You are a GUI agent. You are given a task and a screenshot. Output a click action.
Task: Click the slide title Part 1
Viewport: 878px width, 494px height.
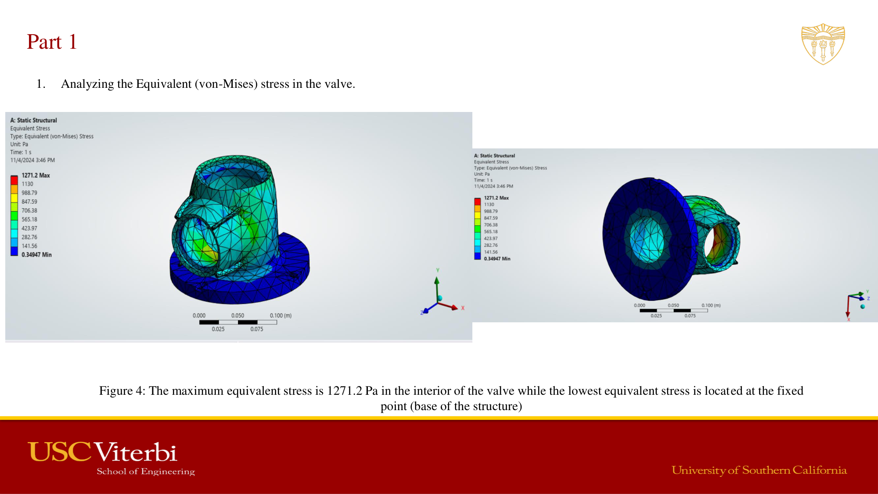coord(52,42)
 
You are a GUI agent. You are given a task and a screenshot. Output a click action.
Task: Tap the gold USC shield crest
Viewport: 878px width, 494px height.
coord(823,44)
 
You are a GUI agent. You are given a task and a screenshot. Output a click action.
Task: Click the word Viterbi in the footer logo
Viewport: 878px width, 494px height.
coord(136,452)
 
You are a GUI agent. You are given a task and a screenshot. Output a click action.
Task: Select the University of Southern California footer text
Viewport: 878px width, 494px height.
coord(759,470)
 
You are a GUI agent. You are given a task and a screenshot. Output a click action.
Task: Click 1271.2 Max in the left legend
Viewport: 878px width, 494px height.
coord(36,175)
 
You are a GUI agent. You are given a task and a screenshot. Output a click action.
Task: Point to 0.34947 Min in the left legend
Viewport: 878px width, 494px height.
coord(36,255)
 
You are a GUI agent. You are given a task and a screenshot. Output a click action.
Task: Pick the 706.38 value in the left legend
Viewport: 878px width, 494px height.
coord(29,211)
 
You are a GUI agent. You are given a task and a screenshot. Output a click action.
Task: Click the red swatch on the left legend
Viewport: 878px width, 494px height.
coord(14,180)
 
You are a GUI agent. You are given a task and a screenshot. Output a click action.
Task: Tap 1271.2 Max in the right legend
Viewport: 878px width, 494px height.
coord(497,198)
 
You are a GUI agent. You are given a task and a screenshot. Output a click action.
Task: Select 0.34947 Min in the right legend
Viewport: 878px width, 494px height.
coord(497,259)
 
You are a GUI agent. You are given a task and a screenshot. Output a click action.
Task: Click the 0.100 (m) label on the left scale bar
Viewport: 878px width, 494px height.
coord(281,315)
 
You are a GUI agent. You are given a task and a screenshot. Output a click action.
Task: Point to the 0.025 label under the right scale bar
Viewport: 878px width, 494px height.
coord(656,316)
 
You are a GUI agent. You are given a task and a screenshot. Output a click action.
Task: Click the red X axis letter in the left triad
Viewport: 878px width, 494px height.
coord(463,308)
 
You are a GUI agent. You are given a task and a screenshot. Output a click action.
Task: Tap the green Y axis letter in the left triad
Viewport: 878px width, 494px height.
coord(438,270)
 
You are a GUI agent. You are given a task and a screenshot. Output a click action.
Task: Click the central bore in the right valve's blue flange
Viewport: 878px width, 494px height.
coord(647,239)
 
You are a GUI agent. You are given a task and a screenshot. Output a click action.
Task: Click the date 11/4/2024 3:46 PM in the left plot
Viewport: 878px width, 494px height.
coord(32,160)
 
